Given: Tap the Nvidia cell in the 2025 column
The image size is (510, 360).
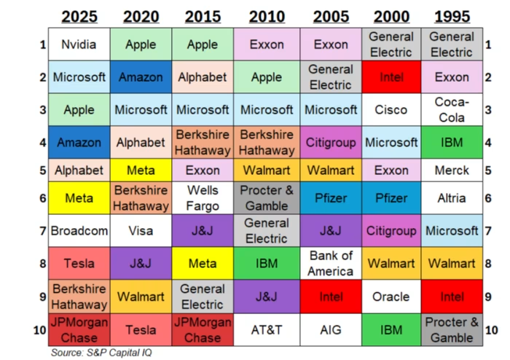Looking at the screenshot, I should pos(79,44).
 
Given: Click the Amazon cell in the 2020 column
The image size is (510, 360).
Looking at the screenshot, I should pos(141,77).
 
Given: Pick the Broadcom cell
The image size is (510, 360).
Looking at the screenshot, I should pos(79,232).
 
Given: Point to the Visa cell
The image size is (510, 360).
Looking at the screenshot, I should pos(141,232).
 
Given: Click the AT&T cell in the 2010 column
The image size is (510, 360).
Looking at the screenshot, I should pos(267,329).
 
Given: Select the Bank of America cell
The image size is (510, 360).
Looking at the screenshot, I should pos(331,263).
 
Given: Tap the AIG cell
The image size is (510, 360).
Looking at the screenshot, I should pos(331,329).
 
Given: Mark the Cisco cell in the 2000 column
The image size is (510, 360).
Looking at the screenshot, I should pos(391,109).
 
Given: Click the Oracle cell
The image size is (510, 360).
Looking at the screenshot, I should pos(391,297).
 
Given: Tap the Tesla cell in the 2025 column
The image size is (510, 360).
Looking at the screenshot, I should pos(79,263).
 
